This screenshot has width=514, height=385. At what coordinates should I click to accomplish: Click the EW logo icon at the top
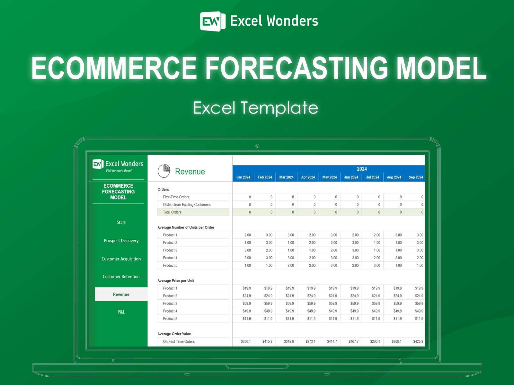pos(213,21)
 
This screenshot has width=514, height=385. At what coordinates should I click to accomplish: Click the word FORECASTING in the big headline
pos(297,68)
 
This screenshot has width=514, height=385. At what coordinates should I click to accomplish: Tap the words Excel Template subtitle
pos(255,108)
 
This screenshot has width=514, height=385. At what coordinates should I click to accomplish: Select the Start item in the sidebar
pos(121,222)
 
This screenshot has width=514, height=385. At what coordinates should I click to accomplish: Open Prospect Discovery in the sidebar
pos(121,241)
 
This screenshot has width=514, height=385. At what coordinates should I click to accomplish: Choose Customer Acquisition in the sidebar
pos(121,259)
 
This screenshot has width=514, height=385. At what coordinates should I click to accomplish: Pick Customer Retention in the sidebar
pos(121,277)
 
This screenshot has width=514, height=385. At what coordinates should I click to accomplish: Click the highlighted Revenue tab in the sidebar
pos(121,294)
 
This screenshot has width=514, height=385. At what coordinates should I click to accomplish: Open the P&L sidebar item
pos(121,312)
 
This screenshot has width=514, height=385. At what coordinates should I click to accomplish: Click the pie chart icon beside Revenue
pos(164,171)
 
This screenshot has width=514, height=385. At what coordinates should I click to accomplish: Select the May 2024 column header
pos(330,177)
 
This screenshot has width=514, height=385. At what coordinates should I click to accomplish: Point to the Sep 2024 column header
pos(416,177)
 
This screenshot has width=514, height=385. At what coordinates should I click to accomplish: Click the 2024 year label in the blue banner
pos(362,169)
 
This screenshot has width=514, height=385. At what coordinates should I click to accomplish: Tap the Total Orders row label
pos(172,212)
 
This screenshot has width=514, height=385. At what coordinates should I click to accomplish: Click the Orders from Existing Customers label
pos(187,205)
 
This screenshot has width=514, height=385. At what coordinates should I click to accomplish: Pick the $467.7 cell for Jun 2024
pos(353,341)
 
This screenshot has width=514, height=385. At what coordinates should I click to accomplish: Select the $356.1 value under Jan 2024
pos(246,341)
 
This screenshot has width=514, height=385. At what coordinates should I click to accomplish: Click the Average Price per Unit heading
pos(176,280)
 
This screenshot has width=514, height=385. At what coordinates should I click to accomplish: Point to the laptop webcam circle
pos(257,146)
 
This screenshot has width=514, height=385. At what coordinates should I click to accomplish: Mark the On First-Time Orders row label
pos(179,341)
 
